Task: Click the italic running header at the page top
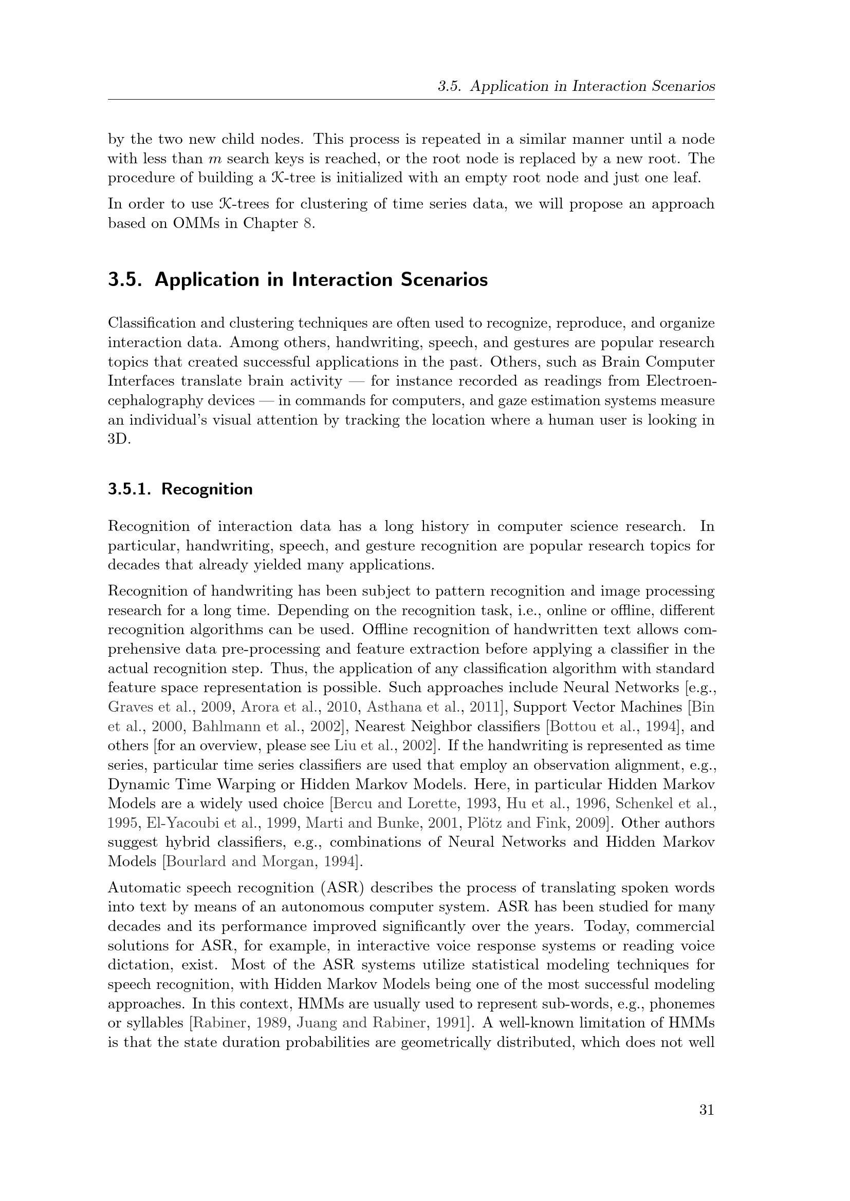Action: coord(576,86)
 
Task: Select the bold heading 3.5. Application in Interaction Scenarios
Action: coord(298,280)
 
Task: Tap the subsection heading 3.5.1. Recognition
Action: coord(180,489)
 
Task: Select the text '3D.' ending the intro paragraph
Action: coord(119,439)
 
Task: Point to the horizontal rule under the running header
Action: coord(411,100)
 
